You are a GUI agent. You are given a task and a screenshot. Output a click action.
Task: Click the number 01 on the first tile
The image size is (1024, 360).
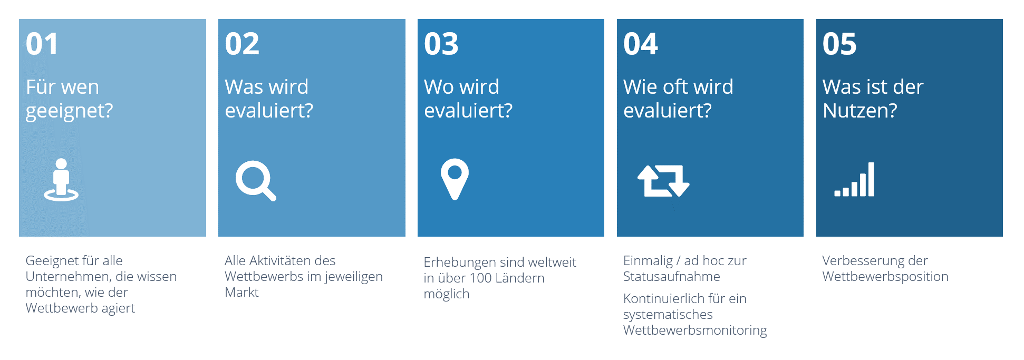[42, 44]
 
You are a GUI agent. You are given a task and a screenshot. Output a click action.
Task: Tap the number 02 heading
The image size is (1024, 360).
[242, 44]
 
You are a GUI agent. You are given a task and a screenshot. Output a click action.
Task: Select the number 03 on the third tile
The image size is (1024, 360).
[441, 44]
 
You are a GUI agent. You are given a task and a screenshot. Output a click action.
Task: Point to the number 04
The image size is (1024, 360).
[641, 44]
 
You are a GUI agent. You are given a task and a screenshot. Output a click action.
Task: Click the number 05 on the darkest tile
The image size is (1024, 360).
[839, 44]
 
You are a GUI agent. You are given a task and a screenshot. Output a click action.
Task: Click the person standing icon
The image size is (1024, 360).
[61, 180]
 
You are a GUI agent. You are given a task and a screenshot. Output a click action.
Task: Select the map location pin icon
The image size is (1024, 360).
[455, 179]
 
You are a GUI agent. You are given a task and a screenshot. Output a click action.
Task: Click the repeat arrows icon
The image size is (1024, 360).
[663, 181]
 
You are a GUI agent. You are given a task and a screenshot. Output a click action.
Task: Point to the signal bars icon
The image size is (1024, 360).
[854, 180]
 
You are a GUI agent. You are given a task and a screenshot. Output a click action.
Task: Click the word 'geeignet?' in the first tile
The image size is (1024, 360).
[69, 111]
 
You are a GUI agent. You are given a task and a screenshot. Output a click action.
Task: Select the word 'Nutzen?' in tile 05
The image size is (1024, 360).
[860, 111]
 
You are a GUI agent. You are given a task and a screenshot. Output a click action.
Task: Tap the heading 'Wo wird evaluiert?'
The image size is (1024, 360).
[468, 99]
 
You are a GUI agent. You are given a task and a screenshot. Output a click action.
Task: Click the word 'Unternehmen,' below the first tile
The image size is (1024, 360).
[64, 277]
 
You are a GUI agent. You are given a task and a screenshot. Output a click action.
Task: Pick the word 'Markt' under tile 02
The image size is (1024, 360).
[241, 293]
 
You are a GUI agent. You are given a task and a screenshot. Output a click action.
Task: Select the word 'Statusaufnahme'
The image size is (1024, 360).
[671, 277]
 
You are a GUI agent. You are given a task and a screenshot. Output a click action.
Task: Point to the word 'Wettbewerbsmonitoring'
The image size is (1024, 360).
[695, 330]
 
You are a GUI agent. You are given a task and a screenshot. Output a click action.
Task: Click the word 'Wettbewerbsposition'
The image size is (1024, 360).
[885, 277]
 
